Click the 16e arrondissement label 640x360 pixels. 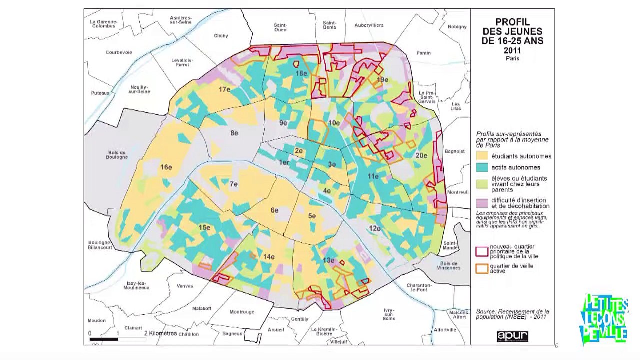coord(166,167)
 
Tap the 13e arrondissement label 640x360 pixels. coord(328,260)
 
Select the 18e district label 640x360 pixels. coord(301,73)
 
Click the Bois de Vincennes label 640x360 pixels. coord(448,265)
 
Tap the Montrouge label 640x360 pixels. coord(242,312)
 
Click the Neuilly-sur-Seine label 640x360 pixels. coord(140,89)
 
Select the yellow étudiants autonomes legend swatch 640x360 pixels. coord(482,156)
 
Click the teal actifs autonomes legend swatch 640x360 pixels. coord(482,168)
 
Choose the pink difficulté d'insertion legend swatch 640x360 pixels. coord(482,203)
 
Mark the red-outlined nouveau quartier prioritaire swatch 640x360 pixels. coord(482,251)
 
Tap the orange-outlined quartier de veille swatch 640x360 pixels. coord(482,268)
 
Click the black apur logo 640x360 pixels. coord(512,336)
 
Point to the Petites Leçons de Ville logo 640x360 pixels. coord(604,319)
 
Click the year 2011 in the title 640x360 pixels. coord(512,50)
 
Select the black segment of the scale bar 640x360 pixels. coord(104,339)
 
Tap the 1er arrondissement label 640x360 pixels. coord(284,162)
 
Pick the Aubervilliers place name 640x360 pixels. coord(369,25)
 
